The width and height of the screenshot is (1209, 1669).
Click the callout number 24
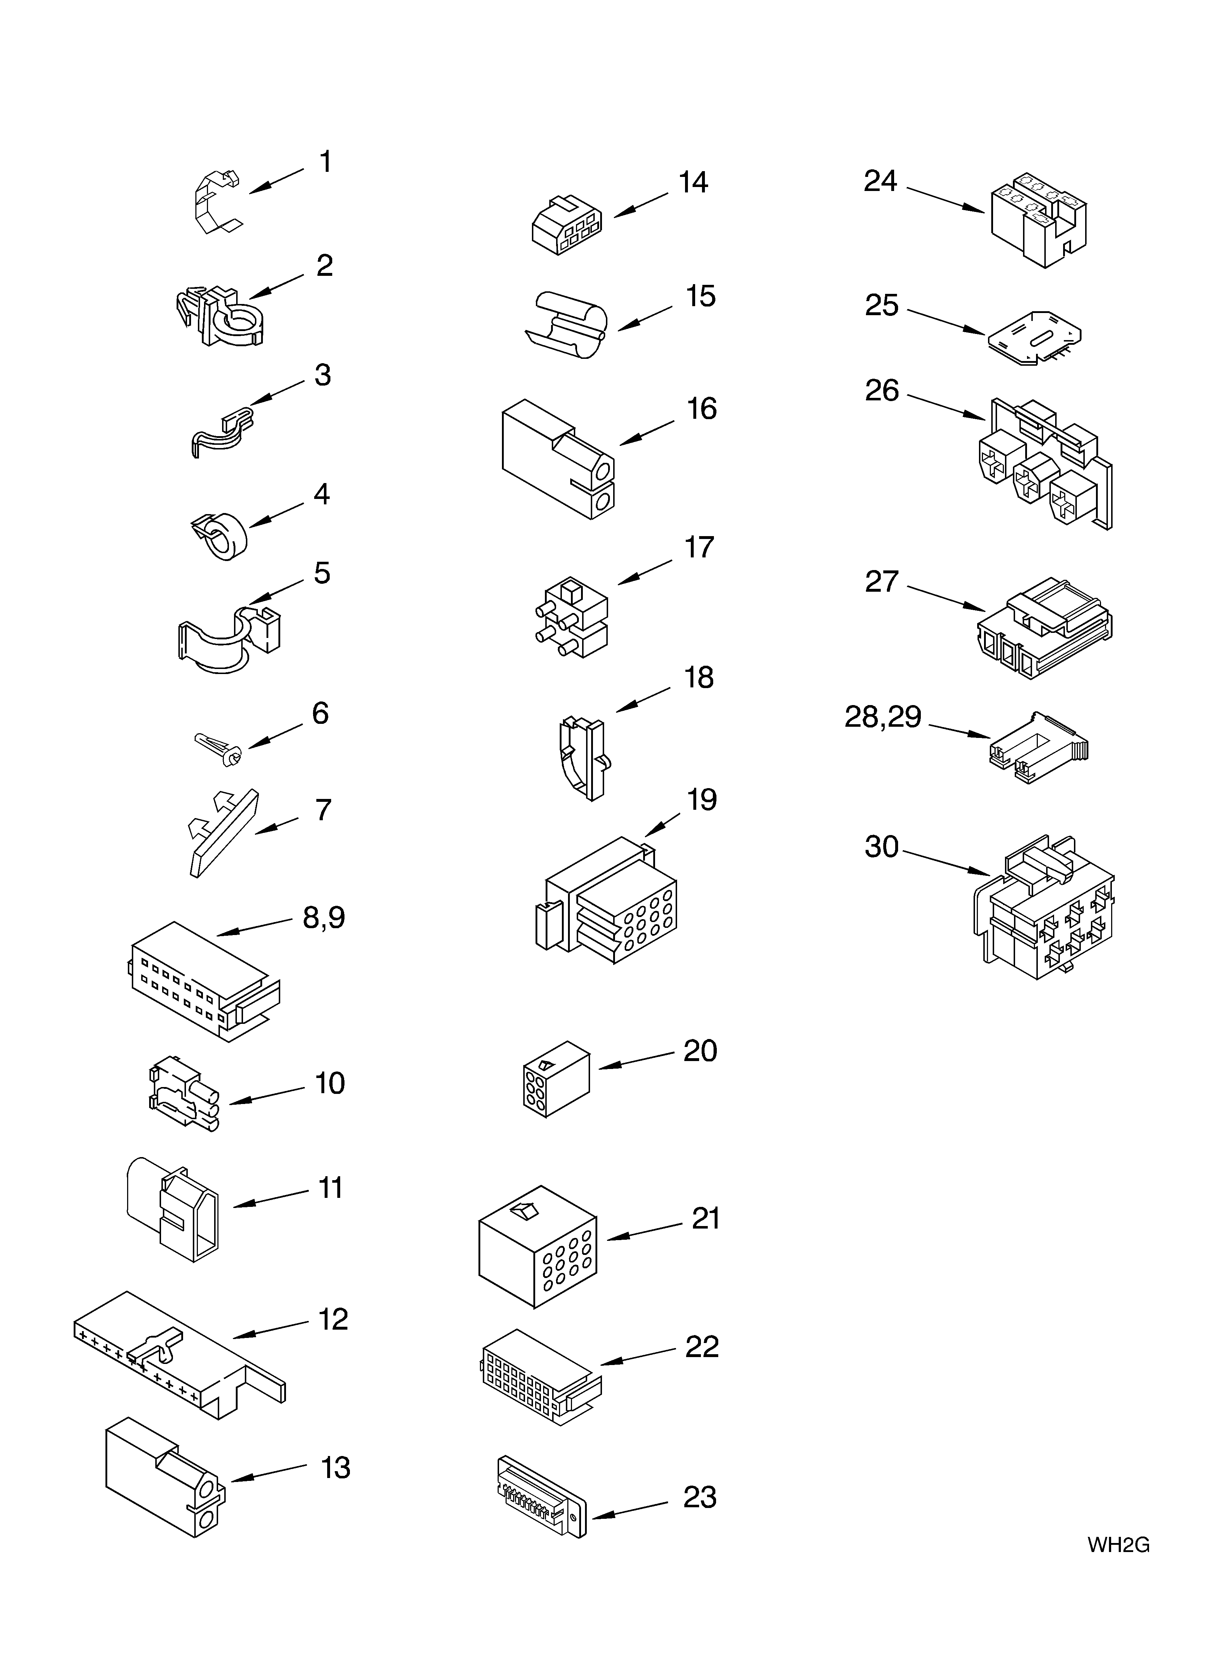[881, 181]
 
